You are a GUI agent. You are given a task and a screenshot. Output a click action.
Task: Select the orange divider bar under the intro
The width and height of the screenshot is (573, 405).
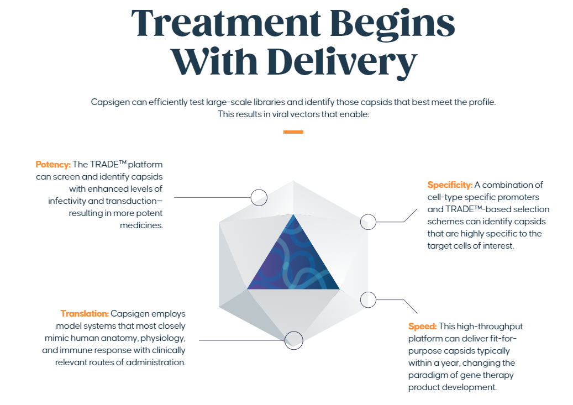(293, 132)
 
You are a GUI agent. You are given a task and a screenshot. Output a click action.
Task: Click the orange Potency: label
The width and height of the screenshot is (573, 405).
(53, 165)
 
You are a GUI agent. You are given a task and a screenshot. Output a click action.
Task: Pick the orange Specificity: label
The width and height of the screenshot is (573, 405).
(450, 185)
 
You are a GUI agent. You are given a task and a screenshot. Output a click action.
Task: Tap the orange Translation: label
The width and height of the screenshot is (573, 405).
(85, 314)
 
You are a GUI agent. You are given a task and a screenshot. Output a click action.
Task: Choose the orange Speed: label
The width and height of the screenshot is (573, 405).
(423, 327)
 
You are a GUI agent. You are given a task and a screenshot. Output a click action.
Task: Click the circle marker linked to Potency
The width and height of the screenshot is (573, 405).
(259, 197)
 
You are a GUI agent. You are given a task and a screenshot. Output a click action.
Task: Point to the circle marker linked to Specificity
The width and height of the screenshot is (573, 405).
(368, 222)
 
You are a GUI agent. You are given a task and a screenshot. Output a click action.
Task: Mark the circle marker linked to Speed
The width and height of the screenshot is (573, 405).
(368, 300)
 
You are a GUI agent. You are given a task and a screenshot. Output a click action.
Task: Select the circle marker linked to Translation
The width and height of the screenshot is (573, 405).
(293, 340)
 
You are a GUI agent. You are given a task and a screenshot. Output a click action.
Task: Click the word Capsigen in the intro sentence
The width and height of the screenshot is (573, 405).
(109, 102)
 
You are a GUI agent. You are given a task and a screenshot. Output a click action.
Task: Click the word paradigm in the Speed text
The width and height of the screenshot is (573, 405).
(427, 375)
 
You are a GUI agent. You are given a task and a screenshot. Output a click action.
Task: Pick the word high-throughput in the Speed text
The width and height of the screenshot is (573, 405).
(490, 327)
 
